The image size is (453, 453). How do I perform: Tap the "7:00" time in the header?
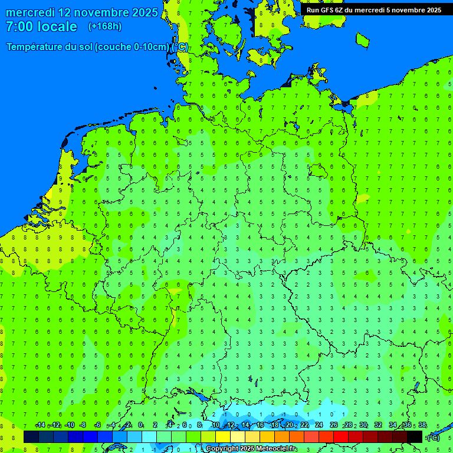pos(19,27)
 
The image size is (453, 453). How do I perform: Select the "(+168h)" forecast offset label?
pos(104,27)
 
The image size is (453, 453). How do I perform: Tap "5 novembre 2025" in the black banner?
pos(412,10)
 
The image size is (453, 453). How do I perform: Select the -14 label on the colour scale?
pos(40,425)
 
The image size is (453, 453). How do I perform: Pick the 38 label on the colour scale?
pos(422,425)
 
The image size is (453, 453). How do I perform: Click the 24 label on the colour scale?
pos(319,425)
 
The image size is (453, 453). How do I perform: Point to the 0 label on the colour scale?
pos(140,425)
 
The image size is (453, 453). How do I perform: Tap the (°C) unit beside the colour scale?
pos(434,438)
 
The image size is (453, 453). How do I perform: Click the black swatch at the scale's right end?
pos(415,436)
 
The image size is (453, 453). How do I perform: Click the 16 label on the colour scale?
pos(260,425)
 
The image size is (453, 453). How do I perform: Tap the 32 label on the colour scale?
pos(378,425)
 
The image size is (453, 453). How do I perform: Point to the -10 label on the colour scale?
pos(69,425)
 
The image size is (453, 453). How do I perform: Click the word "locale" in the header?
pos(56,27)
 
